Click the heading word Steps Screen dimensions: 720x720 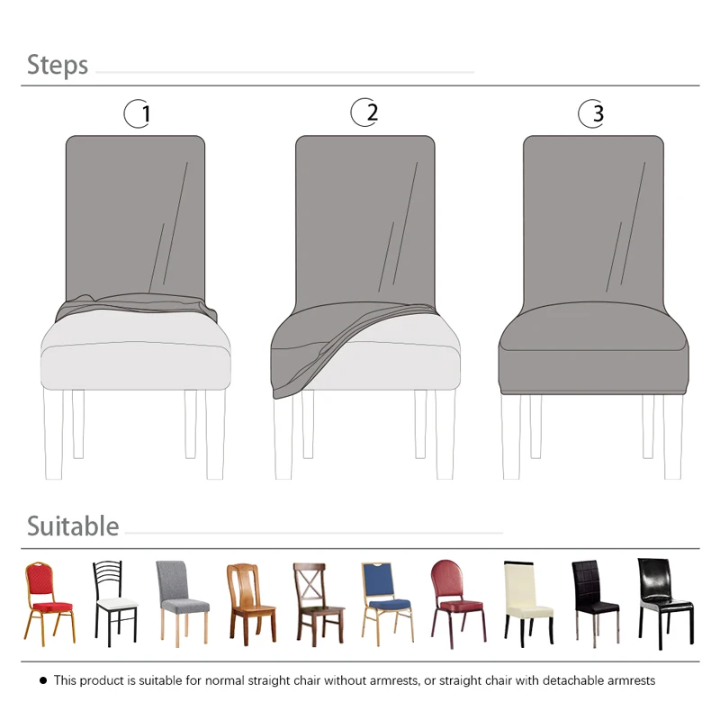(58, 65)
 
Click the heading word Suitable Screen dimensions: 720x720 (73, 526)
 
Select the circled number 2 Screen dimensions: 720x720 (365, 112)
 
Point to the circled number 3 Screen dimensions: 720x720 (592, 113)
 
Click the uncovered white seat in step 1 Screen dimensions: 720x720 (135, 355)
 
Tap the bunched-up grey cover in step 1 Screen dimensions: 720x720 (135, 306)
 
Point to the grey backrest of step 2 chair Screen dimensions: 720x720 (364, 216)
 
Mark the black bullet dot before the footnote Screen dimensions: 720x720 (42, 680)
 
